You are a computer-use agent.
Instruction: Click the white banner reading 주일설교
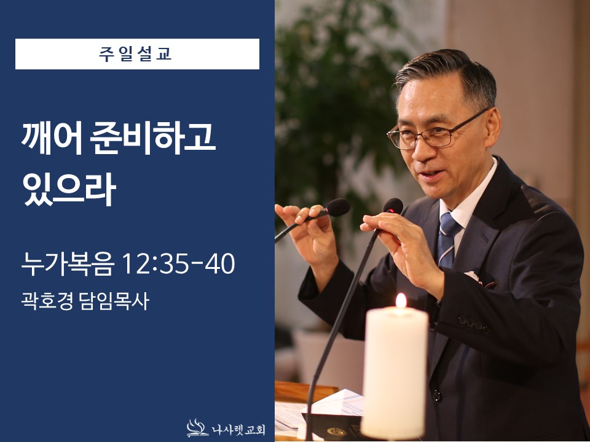(137, 54)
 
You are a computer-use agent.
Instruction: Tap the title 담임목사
(114, 301)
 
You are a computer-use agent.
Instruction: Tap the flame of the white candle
(401, 301)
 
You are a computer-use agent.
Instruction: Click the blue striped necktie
(447, 236)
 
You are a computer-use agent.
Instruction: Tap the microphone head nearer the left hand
(337, 207)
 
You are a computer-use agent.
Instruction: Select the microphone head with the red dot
(393, 206)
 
